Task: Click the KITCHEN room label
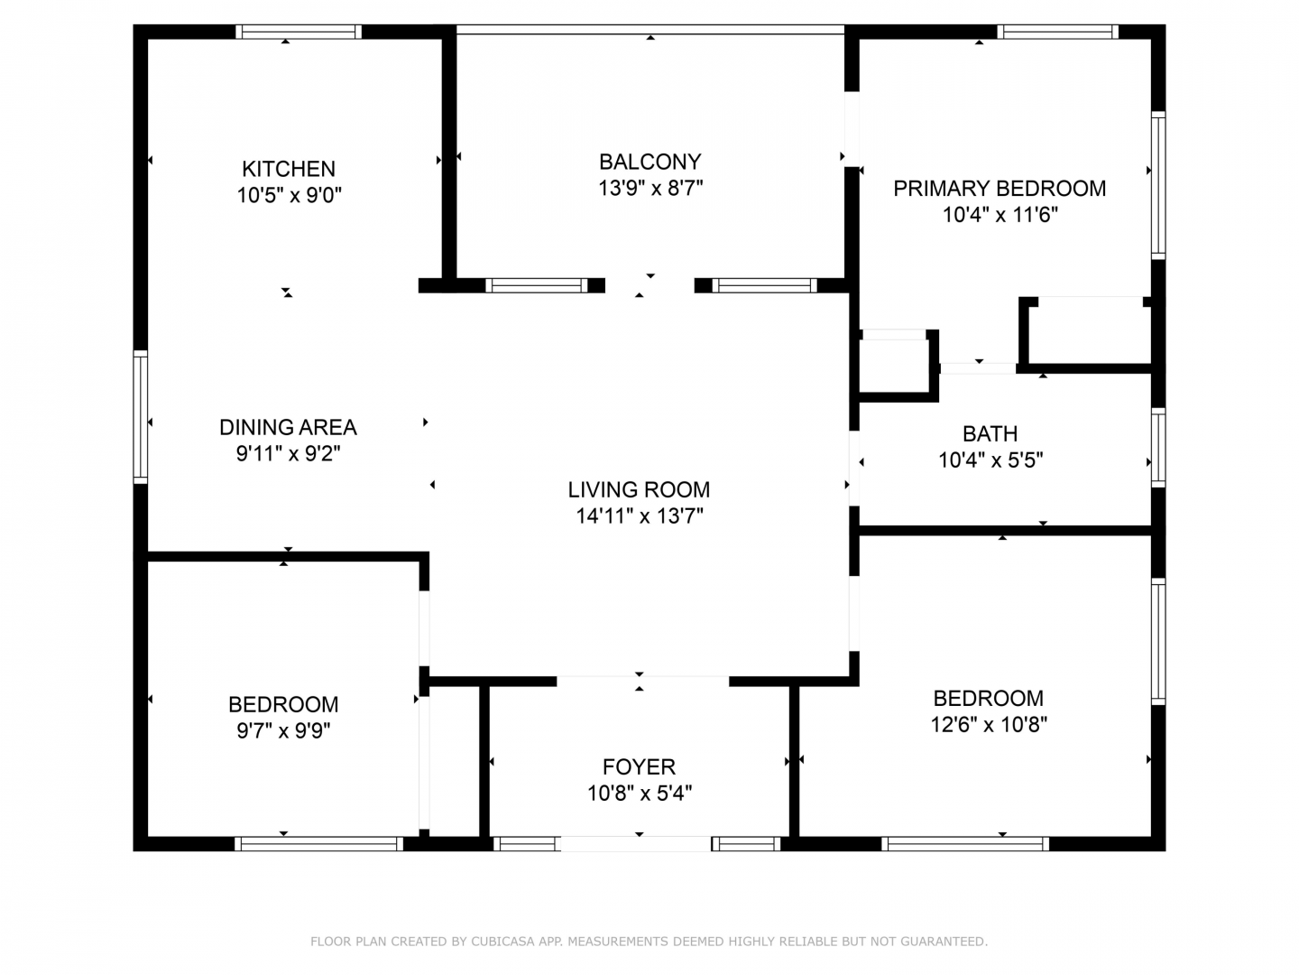click(288, 170)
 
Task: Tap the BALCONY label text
click(649, 162)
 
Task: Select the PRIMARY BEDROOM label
click(999, 189)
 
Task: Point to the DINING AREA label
click(288, 427)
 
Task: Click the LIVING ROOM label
click(639, 489)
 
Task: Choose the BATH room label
click(990, 434)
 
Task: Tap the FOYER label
click(639, 767)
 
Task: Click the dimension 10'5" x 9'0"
click(289, 195)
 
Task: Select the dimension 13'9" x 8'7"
click(649, 189)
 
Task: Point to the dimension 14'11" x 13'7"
click(640, 516)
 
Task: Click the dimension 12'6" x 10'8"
click(989, 725)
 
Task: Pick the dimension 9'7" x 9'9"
click(283, 731)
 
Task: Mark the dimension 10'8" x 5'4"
click(640, 794)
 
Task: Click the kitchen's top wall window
click(299, 32)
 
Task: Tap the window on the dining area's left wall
click(140, 417)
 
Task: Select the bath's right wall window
click(1157, 448)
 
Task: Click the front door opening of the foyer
click(636, 843)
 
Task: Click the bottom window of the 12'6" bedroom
click(964, 843)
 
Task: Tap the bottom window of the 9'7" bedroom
click(318, 843)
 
